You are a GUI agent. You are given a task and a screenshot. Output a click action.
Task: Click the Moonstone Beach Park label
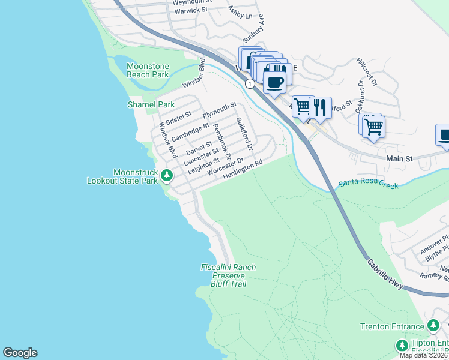click(148, 70)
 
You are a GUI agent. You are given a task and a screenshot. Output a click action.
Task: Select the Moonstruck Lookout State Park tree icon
click(167, 176)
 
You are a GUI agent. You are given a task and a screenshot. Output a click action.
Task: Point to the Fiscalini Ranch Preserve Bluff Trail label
click(228, 275)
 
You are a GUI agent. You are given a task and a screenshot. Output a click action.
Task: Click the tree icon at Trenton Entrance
click(433, 326)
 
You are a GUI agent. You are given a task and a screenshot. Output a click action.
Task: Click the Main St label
click(400, 159)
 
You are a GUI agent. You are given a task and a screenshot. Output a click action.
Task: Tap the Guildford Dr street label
click(245, 134)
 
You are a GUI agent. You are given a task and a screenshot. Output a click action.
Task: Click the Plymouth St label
click(220, 110)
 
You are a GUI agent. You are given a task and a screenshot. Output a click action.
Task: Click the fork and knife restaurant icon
click(320, 107)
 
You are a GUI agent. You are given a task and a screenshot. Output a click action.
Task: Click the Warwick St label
click(190, 10)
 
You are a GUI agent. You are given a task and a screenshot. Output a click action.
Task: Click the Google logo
click(20, 353)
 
